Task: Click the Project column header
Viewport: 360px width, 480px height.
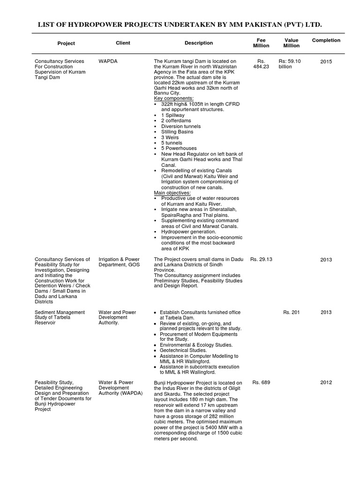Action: (66, 43)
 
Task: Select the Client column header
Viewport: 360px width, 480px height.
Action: (123, 43)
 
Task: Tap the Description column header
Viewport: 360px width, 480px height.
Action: (199, 43)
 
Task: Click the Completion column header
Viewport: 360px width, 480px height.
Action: (326, 40)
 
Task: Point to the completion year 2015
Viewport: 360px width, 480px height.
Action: (326, 61)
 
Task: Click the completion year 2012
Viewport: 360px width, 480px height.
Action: (326, 382)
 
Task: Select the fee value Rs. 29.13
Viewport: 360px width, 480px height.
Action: (262, 259)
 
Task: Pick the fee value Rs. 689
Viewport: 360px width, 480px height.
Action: (262, 382)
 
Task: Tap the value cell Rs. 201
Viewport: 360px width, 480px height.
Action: (292, 312)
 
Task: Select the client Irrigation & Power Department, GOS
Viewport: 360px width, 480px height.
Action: (120, 262)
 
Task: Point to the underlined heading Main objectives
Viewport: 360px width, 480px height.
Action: (172, 192)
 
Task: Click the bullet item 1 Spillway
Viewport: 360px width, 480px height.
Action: (173, 115)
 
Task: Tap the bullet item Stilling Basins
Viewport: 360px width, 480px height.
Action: (177, 132)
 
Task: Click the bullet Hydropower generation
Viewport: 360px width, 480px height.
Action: (188, 232)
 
